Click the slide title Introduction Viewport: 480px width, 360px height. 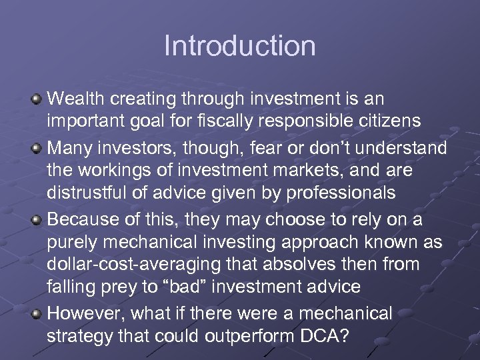pos(239,46)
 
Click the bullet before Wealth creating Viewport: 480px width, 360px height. pos(37,100)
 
